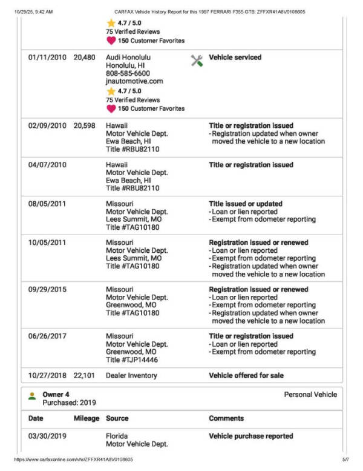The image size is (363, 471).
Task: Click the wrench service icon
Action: click(196, 60)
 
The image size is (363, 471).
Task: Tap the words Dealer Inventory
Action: click(131, 376)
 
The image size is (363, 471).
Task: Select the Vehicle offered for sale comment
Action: click(246, 376)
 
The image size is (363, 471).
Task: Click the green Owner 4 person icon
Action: click(32, 396)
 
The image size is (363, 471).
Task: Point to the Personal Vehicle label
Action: click(310, 395)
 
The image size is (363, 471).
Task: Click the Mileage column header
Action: click(86, 418)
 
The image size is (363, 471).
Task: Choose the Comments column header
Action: click(226, 418)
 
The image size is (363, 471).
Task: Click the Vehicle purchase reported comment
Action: click(251, 436)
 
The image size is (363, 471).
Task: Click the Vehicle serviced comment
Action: click(235, 58)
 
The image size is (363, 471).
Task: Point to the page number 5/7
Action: click(345, 460)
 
